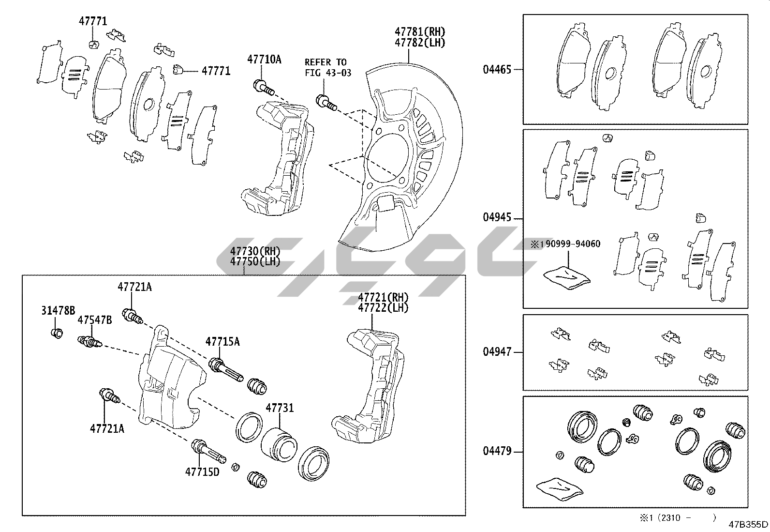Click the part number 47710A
(x=264, y=60)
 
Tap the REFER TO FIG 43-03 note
(x=327, y=67)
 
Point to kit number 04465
(x=497, y=69)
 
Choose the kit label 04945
(x=497, y=217)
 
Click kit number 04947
(x=497, y=352)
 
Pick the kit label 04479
(x=497, y=451)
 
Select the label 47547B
(x=95, y=320)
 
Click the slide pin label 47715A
(x=222, y=342)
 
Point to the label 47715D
(x=202, y=471)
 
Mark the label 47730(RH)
(x=255, y=251)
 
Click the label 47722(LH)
(x=383, y=307)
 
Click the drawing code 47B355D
(x=749, y=524)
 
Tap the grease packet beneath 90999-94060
(x=567, y=277)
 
